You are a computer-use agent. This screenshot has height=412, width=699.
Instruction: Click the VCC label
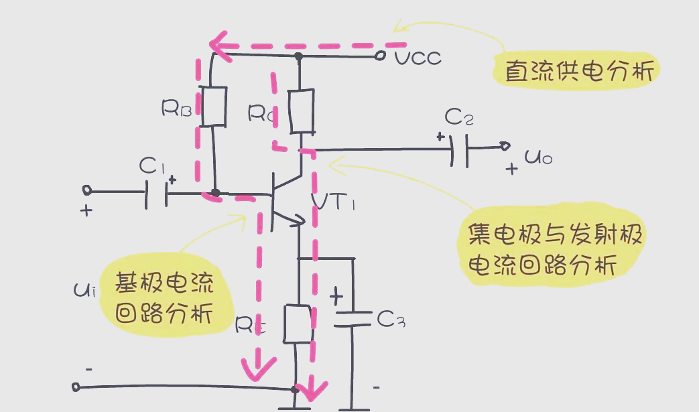[x=418, y=58]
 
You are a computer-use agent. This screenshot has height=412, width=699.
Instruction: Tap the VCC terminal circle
[x=380, y=56]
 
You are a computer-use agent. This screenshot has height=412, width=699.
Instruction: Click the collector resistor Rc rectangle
[x=301, y=111]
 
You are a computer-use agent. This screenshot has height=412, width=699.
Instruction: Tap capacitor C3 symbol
[x=352, y=318]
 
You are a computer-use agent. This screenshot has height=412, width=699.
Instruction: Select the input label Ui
[x=85, y=290]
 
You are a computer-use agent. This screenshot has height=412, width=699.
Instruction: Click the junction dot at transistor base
[x=215, y=193]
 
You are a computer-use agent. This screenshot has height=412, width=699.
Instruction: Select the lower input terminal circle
[x=76, y=387]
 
